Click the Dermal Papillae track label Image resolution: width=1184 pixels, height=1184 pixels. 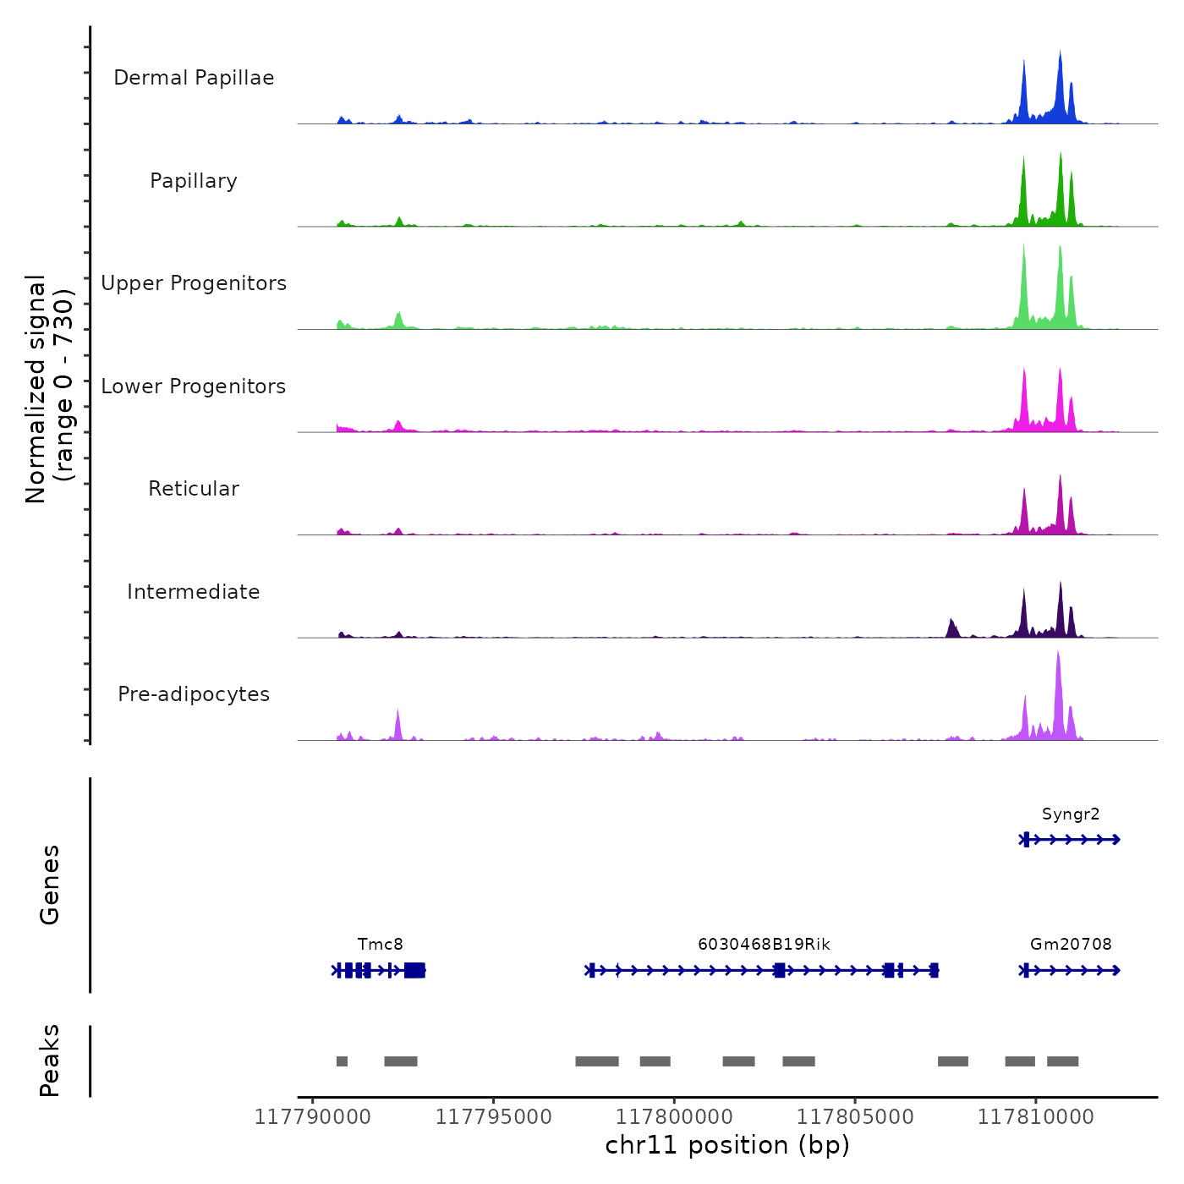coord(194,78)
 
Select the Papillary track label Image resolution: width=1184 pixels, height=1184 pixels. coord(194,181)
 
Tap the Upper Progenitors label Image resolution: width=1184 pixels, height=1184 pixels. coord(194,283)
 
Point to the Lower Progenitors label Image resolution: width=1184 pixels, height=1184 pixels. coord(194,386)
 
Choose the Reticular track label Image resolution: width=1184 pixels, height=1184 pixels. coord(194,489)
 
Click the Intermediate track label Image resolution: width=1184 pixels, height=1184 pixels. coord(194,592)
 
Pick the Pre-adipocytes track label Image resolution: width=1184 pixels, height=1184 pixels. coord(194,694)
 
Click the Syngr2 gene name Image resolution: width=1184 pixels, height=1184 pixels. coord(1071,814)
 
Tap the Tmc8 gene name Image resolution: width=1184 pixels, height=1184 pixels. coord(381,945)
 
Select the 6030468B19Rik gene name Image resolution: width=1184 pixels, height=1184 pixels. coord(764,945)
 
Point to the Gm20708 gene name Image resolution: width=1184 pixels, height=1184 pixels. coord(1071,945)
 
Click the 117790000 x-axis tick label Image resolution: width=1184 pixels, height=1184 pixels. coord(313,1117)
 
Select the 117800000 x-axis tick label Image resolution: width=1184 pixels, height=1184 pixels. coord(675,1117)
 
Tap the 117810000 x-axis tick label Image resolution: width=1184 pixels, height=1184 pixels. coord(1036,1117)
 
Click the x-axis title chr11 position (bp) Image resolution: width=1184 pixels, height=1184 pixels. coord(727,1145)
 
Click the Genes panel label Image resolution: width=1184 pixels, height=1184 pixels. coord(50,885)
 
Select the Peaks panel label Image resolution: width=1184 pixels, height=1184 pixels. coord(50,1061)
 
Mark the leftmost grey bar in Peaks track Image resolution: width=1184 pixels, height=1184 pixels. coord(342,1061)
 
